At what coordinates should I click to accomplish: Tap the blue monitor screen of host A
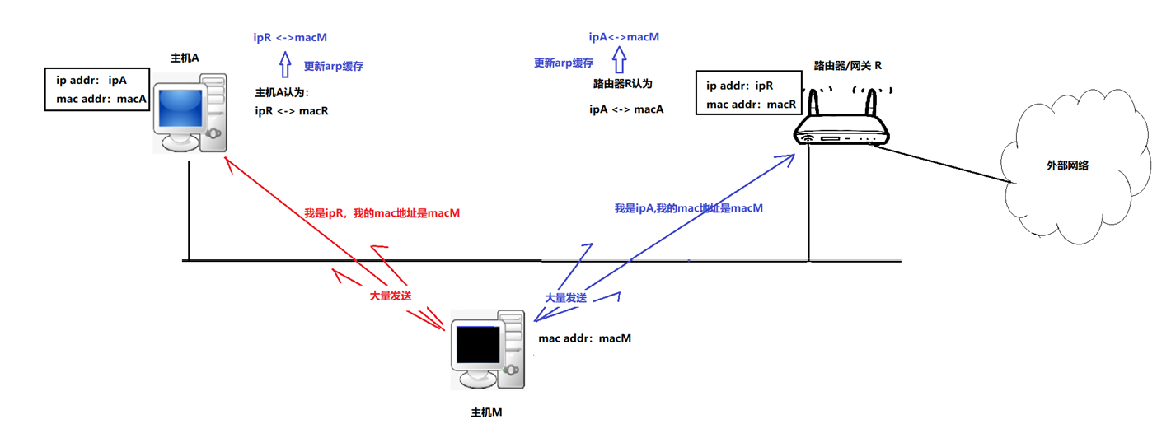tap(180, 109)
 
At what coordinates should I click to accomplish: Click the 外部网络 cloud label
tap(1067, 165)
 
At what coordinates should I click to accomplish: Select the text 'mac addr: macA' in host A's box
tap(101, 100)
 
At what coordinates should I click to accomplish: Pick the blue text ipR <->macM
tap(292, 37)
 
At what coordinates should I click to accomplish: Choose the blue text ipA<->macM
tap(624, 37)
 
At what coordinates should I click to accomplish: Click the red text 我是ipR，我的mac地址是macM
tap(382, 212)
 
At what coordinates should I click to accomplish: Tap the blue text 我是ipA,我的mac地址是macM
tap(688, 208)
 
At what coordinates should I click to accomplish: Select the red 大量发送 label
tap(391, 295)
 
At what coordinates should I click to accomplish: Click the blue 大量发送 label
tap(566, 297)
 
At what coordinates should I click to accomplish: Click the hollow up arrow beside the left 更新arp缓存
tap(285, 65)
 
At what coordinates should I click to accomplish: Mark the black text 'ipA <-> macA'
tap(626, 109)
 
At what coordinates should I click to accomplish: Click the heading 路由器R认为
tap(623, 84)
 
